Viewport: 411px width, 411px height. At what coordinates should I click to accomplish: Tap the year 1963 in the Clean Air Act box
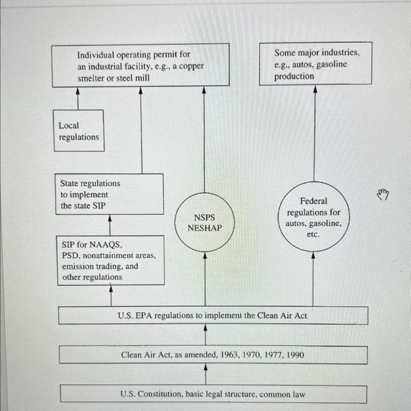coord(230,355)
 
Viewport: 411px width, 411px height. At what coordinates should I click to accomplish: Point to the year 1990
coord(295,355)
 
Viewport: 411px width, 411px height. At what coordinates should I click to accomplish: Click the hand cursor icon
coord(383,194)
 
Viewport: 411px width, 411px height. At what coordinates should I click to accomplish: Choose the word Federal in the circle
coord(314,201)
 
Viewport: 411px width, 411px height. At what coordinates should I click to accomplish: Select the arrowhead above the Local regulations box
coord(78,91)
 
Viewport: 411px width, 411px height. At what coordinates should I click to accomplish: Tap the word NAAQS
coord(106,245)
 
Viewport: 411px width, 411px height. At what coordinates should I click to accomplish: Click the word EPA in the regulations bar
coord(144,315)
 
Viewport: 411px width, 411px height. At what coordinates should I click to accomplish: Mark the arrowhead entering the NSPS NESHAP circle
coord(205,255)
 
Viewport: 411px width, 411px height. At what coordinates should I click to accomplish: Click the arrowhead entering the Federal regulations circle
coord(313,255)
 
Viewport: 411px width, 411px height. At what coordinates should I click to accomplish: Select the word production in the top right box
coord(294,76)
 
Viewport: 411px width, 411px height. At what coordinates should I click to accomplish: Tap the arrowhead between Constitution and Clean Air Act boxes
coord(206,368)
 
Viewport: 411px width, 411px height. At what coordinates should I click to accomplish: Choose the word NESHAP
coord(205,228)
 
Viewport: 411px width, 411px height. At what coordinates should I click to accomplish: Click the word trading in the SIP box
coord(110,267)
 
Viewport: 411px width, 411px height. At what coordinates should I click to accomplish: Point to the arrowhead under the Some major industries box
coord(315,89)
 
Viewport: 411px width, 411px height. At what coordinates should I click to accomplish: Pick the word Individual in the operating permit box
coord(96,55)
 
